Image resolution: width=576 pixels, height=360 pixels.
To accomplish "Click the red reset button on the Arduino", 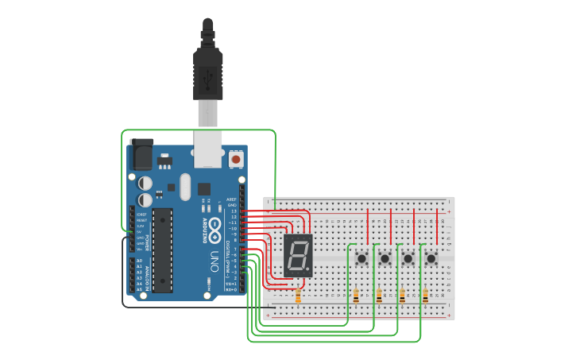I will tap(235, 160).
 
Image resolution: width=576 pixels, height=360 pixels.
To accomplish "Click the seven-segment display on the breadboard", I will tap(298, 255).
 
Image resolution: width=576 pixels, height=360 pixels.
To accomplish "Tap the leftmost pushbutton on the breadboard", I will tap(362, 257).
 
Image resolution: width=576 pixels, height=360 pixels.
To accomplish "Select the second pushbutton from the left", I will tap(385, 257).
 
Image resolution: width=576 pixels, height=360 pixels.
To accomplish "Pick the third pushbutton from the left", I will tap(408, 257).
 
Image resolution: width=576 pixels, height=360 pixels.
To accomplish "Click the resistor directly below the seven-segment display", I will tap(298, 296).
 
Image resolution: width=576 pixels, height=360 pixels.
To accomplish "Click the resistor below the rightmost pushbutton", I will tap(426, 296).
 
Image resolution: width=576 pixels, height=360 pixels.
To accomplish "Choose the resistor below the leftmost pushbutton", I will tap(356, 296).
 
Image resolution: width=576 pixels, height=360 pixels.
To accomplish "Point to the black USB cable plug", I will tap(207, 72).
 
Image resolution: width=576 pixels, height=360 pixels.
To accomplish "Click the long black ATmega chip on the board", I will tap(162, 250).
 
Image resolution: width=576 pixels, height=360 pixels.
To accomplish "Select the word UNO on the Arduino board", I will tap(214, 261).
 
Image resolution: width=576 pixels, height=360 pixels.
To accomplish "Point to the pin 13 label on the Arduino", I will tap(234, 211).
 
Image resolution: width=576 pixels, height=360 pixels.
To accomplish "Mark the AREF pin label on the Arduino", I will tap(231, 199).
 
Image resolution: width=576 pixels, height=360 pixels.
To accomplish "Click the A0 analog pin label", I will tap(139, 261).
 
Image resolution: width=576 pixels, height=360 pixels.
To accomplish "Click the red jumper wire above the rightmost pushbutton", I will tap(437, 226).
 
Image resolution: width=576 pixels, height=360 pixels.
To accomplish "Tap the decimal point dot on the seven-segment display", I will tap(309, 269).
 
